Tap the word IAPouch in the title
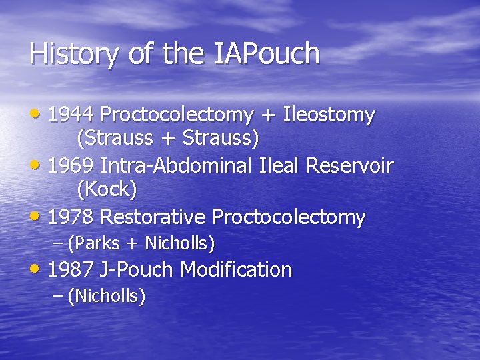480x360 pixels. click(x=267, y=54)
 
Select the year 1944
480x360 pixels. click(x=71, y=115)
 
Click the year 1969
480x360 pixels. click(x=71, y=165)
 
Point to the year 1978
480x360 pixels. click(x=71, y=217)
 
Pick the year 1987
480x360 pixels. click(x=71, y=269)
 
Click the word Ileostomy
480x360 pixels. click(x=329, y=115)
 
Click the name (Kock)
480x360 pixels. click(x=107, y=190)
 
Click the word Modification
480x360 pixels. click(x=236, y=269)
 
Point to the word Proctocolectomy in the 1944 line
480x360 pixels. click(x=177, y=115)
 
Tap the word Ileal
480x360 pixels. click(x=279, y=165)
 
